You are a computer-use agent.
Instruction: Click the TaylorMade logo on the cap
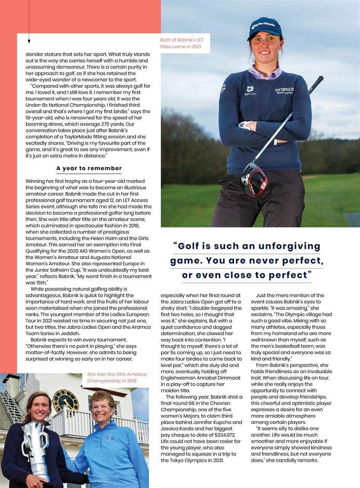point(264,26)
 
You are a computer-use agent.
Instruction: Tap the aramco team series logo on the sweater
point(284,90)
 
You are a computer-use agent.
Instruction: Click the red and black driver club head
point(254,178)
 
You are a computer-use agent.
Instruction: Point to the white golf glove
point(246,125)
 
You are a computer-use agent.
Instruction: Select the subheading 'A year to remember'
point(89,168)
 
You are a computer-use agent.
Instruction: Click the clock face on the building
point(66,401)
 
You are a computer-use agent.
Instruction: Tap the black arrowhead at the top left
point(29,41)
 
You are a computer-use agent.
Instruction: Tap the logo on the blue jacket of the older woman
point(110,437)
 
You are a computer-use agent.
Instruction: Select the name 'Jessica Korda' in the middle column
point(178,429)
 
